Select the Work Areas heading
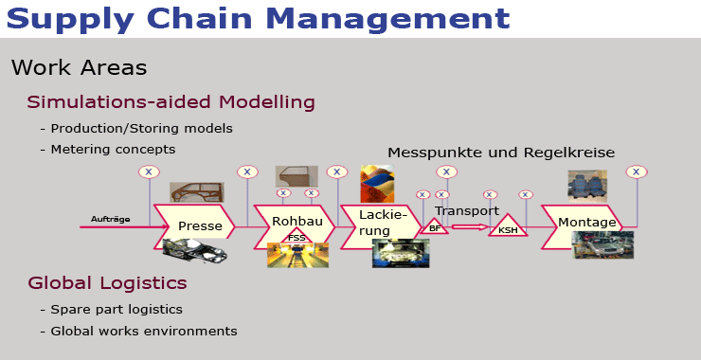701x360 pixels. pos(79,68)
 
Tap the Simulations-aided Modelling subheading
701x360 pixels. pos(171,102)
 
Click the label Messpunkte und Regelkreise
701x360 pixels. pos(501,153)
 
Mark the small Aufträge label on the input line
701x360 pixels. pos(110,220)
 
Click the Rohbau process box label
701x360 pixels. pos(297,221)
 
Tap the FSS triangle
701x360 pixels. pos(297,237)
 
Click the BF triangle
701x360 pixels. pos(435,227)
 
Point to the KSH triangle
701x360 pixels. pos(508,228)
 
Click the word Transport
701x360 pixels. pos(466,210)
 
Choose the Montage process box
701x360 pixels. pos(586,223)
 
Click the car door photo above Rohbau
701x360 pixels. pos(297,175)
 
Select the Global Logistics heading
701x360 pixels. pos(107,283)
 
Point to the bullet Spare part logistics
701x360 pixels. pos(117,309)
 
